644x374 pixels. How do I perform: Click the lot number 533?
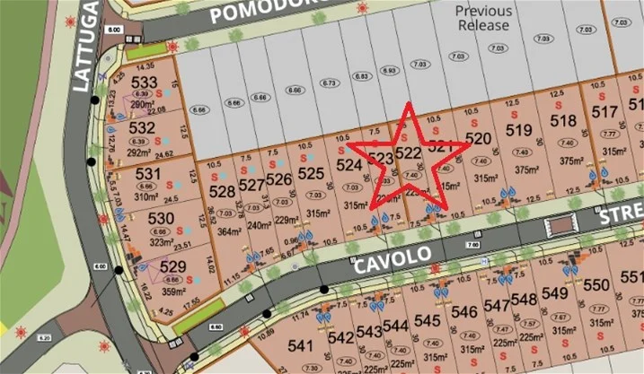click(x=143, y=81)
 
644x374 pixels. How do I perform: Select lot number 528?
click(x=221, y=191)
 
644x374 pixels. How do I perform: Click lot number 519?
click(x=518, y=131)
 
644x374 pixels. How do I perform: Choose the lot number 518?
click(x=562, y=121)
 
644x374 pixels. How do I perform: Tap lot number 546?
click(x=463, y=312)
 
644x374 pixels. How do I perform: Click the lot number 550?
click(x=596, y=285)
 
